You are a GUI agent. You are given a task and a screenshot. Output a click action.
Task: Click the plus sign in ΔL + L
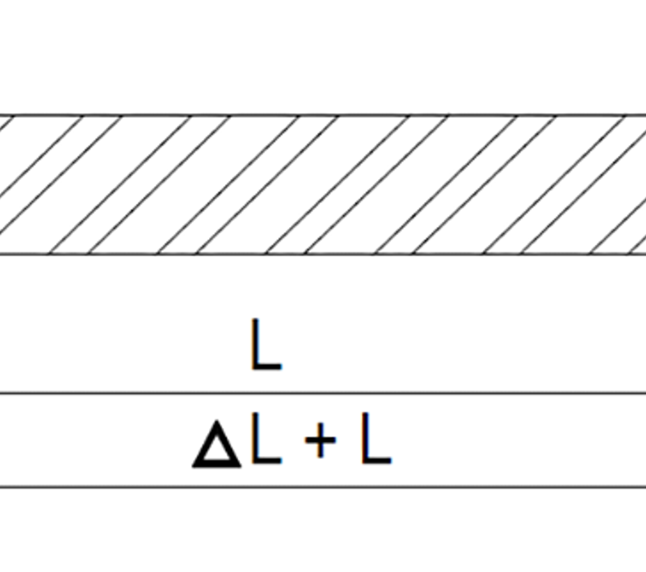tap(320, 440)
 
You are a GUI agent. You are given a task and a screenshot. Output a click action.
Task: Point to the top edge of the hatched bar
tap(323, 115)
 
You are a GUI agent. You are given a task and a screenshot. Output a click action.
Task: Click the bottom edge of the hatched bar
tap(323, 254)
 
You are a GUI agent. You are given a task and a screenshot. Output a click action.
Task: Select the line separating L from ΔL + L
tap(323, 392)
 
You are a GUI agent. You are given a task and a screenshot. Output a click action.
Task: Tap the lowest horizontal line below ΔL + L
tap(323, 487)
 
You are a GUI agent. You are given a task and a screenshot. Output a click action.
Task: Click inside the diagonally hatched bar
tap(323, 185)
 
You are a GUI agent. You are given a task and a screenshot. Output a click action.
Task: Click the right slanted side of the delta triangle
tap(229, 444)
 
